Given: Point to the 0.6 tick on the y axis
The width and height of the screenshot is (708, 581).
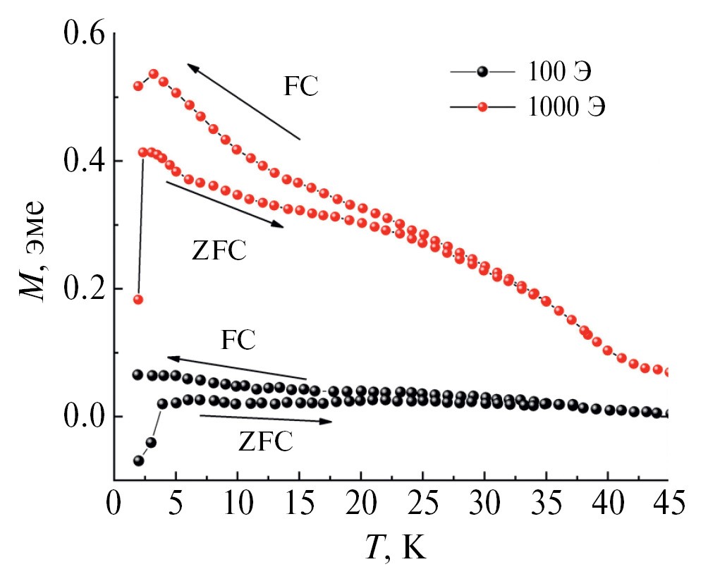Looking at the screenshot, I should click(83, 34).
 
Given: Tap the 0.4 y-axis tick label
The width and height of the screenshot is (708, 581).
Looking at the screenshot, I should click(83, 161).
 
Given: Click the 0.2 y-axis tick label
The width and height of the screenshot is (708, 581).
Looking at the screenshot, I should click(83, 289).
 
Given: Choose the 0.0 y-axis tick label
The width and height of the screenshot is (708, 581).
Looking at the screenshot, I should click(83, 417).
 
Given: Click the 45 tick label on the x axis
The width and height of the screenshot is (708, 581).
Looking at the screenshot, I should click(666, 506).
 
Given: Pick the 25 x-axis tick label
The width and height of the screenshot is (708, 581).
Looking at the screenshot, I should click(421, 506).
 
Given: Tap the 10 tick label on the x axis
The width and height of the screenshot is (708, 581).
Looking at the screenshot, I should click(237, 506).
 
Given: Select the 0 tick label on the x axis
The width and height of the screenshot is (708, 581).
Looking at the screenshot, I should click(115, 506).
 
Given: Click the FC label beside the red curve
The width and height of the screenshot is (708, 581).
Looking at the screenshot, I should click(301, 87).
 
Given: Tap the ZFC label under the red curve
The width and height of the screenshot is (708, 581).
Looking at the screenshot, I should click(219, 251).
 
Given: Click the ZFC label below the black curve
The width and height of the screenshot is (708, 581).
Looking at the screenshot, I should click(265, 442).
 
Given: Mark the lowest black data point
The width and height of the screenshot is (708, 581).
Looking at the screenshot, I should click(138, 461).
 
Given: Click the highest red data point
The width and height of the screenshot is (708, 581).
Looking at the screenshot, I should click(153, 74).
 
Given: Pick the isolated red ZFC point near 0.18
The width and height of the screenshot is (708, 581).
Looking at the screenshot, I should click(138, 300).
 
